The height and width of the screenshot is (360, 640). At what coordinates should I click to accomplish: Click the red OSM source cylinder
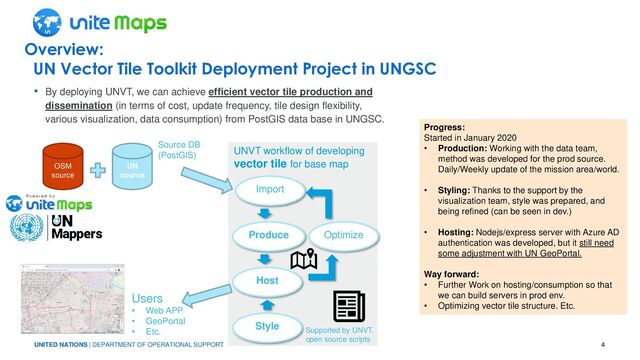62,167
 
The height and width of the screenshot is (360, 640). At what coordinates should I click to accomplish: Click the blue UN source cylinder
132,167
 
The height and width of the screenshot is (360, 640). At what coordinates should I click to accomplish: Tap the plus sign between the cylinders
97,170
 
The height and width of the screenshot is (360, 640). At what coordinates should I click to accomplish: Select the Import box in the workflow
267,190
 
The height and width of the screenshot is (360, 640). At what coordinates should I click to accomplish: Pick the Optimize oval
342,235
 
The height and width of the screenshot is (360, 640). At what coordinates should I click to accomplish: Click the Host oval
267,281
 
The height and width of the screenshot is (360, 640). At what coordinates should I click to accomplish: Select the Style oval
267,326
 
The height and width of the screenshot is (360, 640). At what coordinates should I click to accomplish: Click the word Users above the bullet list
147,298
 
